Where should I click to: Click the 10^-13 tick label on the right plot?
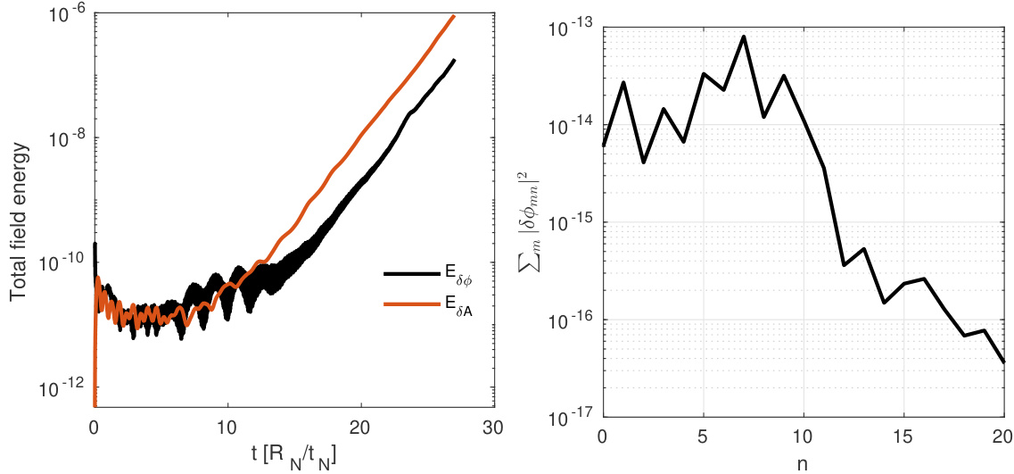573,28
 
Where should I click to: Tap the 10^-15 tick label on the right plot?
573,222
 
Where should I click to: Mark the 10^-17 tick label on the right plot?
573,417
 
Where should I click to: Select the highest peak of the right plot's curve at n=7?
744,37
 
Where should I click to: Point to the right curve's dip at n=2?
643,162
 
